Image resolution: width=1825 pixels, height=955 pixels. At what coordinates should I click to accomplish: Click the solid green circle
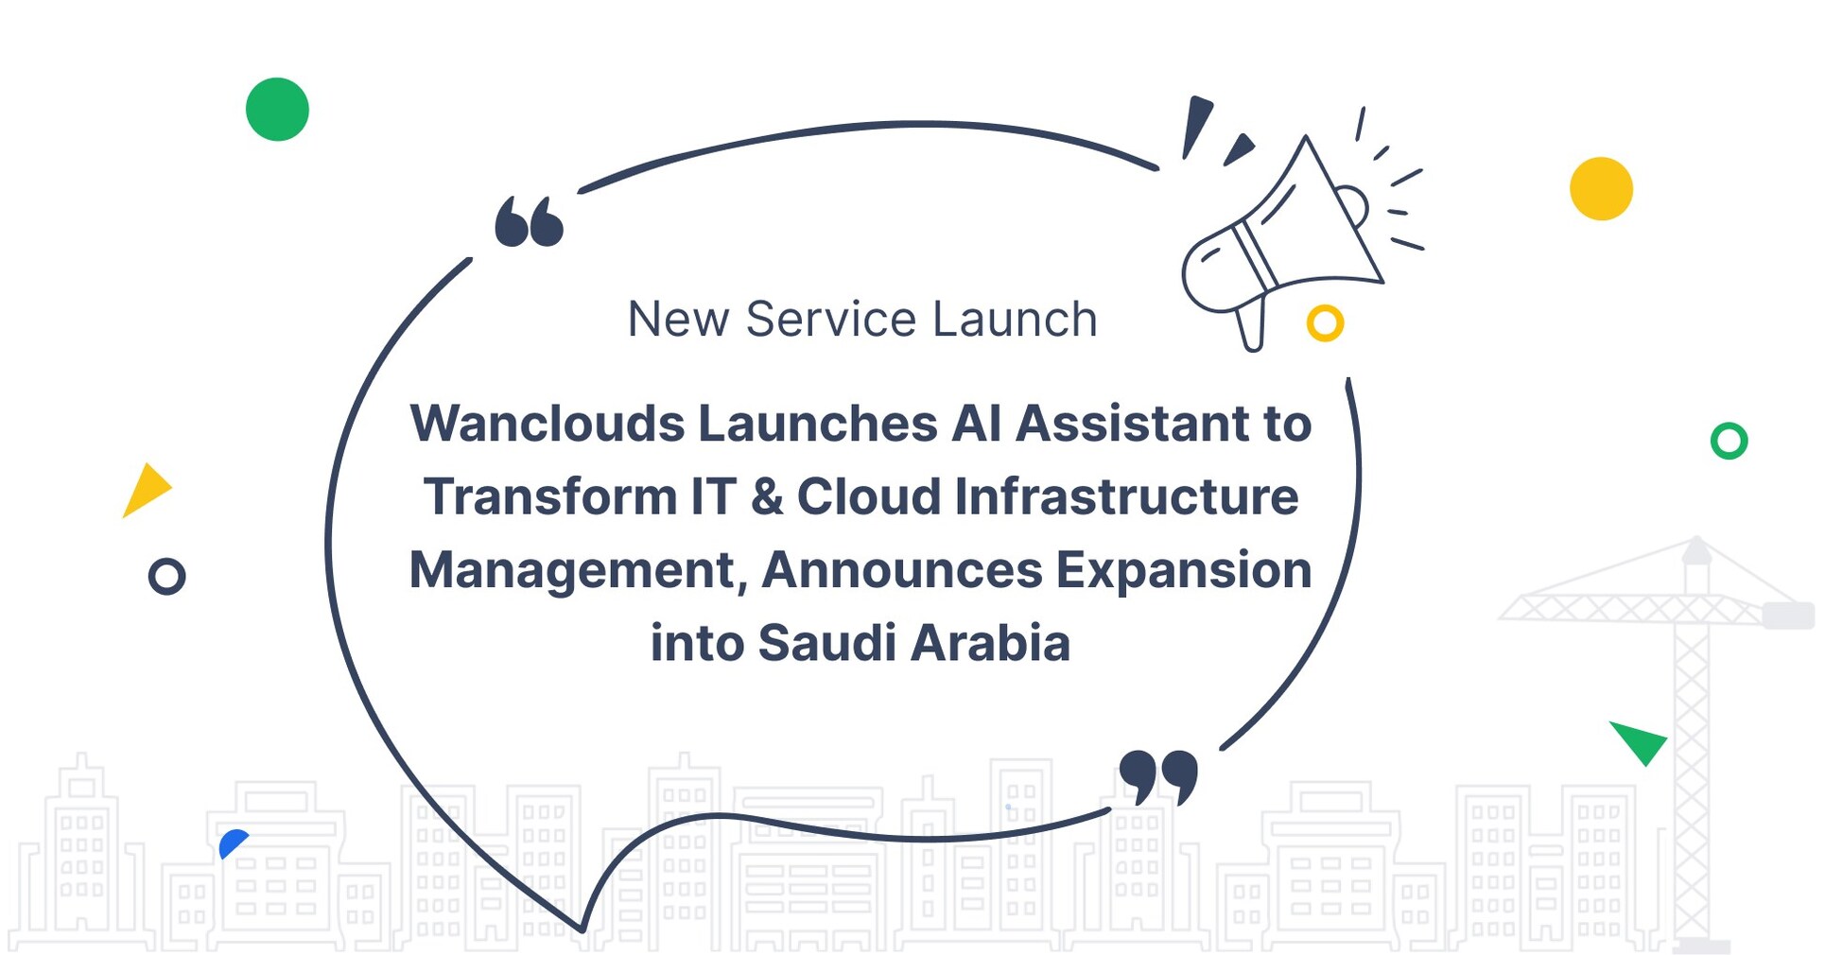(277, 110)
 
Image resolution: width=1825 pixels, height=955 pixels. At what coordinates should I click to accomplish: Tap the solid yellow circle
(1601, 189)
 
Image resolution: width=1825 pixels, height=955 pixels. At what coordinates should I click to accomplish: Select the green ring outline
(1729, 441)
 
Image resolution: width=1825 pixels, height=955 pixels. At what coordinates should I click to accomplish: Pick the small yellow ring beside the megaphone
(1325, 323)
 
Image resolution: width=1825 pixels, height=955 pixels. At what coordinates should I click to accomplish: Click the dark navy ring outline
(167, 576)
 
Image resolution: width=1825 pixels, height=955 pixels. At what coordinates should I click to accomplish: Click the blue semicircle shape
(231, 842)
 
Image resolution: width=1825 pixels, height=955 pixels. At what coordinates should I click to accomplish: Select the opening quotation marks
(529, 222)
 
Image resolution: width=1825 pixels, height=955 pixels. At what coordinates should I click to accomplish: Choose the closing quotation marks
(1158, 776)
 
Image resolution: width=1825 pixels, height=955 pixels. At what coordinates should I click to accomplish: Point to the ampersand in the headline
(767, 497)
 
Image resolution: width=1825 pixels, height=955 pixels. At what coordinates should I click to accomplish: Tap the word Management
(578, 570)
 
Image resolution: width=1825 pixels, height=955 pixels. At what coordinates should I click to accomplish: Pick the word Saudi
(826, 643)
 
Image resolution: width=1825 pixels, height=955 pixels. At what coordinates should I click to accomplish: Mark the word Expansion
(1183, 570)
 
